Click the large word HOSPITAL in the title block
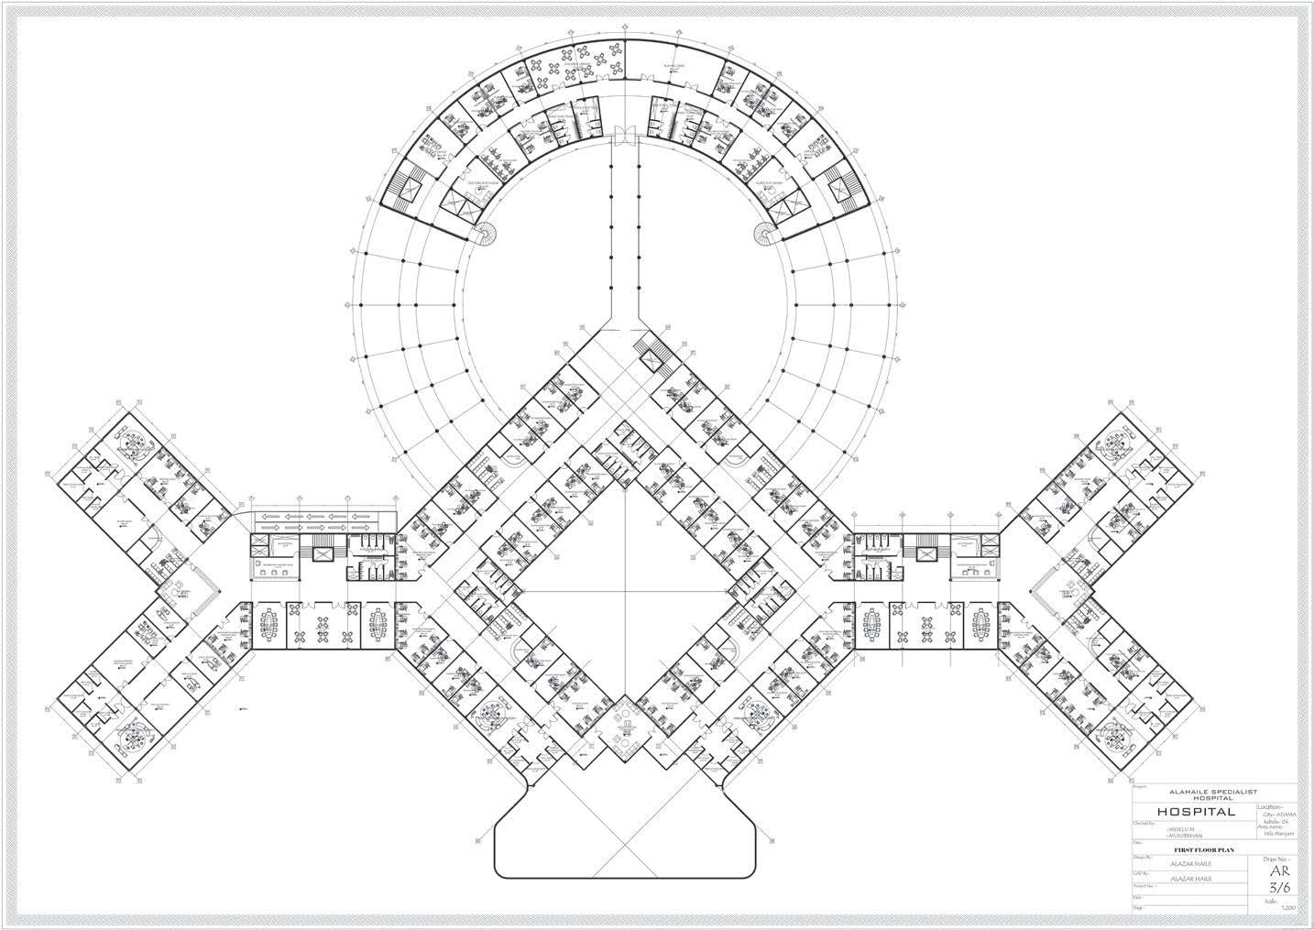1196,812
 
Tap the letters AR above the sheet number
1276,872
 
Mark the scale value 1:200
1288,908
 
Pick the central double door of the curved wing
624,135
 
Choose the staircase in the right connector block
925,553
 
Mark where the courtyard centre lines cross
625,592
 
